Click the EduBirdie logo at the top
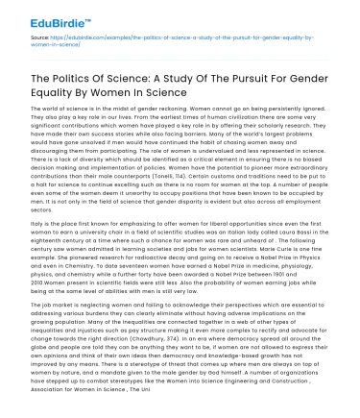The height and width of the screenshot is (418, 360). [x=39, y=16]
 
